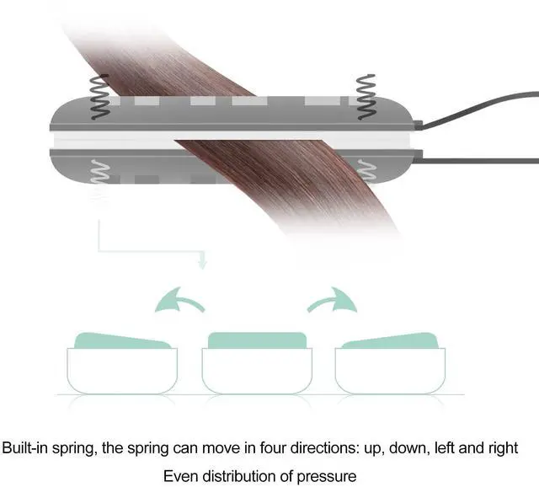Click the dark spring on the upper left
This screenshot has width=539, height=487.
[x=99, y=97]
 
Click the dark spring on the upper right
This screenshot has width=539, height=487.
[x=366, y=97]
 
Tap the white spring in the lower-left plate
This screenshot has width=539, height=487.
[x=100, y=171]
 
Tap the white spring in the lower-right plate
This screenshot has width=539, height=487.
[x=366, y=171]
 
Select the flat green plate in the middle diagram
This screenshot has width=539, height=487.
[x=257, y=340]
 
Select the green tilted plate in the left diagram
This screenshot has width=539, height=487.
[x=122, y=340]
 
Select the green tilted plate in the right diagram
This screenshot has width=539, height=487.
[x=390, y=340]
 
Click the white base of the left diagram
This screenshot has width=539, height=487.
[x=122, y=371]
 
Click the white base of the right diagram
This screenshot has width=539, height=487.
[x=390, y=371]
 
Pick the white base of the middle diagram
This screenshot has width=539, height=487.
[x=257, y=371]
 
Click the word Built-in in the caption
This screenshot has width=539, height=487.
[x=24, y=447]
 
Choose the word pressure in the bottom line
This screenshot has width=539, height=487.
[x=326, y=477]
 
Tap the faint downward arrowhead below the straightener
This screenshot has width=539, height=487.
[x=203, y=264]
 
